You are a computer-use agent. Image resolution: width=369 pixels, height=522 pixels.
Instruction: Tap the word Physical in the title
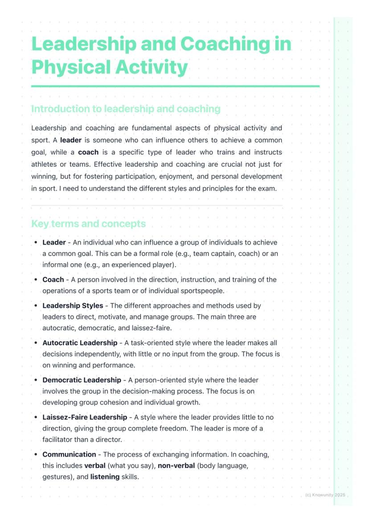point(71,67)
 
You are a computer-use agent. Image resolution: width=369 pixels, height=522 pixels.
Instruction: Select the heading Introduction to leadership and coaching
point(126,109)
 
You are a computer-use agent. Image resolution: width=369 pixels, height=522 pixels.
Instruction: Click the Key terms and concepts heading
point(88,223)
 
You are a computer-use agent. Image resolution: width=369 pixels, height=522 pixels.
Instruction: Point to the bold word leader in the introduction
point(70,140)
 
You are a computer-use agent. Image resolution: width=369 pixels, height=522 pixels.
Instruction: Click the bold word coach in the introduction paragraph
point(88,152)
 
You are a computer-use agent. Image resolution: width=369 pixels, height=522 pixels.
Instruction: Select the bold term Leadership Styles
point(73,306)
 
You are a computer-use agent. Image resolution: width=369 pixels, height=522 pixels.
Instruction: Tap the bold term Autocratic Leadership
point(80,343)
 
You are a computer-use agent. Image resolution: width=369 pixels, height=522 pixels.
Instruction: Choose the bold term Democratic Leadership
point(82,380)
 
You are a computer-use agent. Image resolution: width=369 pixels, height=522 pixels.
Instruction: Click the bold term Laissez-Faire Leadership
point(85,417)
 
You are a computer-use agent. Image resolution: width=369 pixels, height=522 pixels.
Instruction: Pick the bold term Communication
point(69,454)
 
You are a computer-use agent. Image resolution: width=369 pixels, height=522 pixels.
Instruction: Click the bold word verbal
point(95,465)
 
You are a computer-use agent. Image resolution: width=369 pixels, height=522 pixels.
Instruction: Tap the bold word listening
point(105,477)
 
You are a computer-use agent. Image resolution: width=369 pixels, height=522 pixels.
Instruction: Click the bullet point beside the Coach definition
point(36,279)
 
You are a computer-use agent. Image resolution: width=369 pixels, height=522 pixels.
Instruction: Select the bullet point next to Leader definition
point(36,243)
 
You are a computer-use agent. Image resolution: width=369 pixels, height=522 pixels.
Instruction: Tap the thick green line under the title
point(175,86)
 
